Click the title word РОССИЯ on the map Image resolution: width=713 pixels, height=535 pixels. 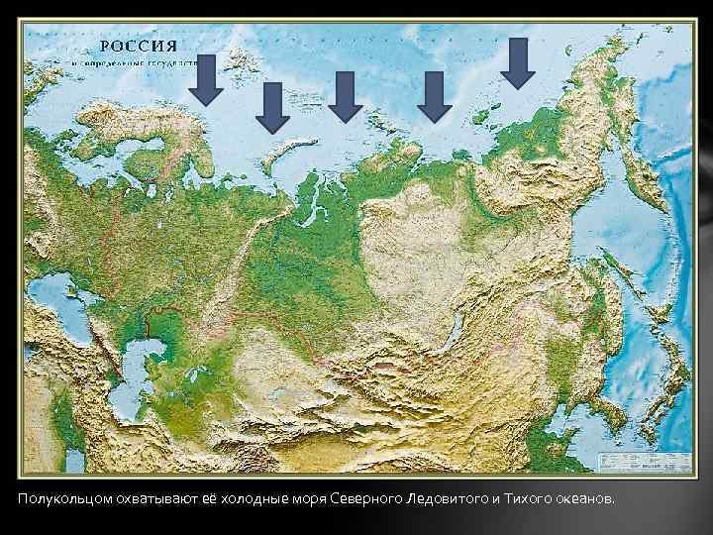(x=139, y=46)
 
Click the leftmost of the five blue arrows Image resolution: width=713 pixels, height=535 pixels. (x=205, y=81)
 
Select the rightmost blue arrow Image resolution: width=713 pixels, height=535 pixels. (x=517, y=61)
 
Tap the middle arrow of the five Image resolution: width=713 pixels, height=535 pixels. (x=345, y=97)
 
